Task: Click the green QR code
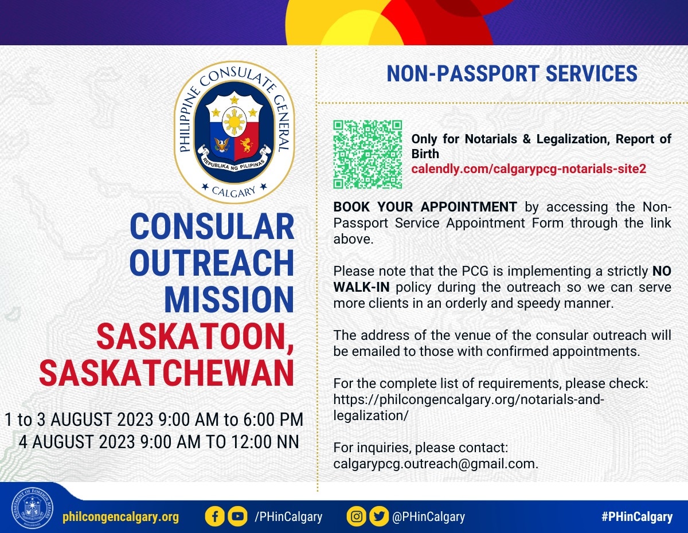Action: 368,155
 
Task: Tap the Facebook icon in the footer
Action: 214,516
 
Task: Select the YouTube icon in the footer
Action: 237,516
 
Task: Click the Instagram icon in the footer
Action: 357,516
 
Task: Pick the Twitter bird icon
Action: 379,516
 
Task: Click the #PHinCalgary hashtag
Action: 637,517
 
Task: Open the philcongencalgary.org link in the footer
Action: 120,517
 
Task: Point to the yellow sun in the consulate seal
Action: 234,122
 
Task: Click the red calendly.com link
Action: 529,168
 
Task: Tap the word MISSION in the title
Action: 229,300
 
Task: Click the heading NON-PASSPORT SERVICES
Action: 512,73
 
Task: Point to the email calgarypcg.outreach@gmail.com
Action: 436,464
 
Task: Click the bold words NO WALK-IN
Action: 502,279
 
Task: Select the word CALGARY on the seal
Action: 234,191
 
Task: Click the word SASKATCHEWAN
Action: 166,373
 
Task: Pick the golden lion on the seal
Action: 247,145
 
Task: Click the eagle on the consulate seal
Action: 222,145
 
